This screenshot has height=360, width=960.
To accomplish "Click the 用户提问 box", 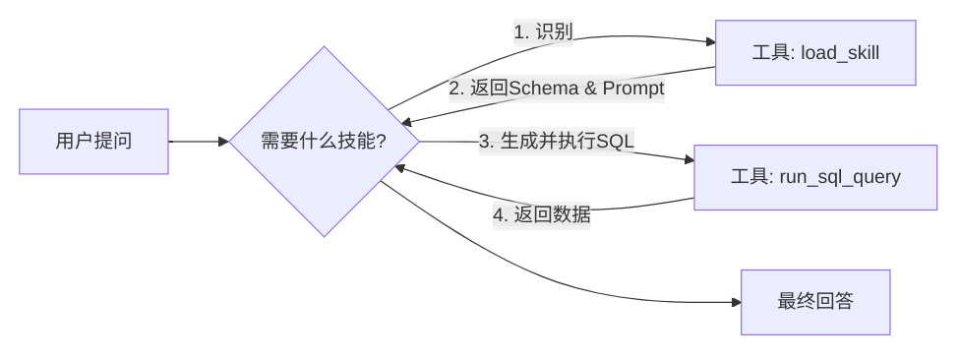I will point(93,142).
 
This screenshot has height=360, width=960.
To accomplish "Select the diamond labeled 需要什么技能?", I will point(325,142).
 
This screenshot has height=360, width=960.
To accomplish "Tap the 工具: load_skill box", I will point(815,52).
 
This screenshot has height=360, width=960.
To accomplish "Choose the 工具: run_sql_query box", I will point(815,177).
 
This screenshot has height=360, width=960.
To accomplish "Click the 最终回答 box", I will point(815,302).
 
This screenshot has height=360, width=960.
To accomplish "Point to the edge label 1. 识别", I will point(543,31).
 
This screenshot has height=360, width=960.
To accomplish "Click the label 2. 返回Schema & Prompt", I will point(557,89).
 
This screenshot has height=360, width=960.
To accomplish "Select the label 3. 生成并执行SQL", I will point(557,141).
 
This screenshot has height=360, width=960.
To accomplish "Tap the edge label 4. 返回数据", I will point(541,214).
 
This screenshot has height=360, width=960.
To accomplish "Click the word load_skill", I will point(840,53).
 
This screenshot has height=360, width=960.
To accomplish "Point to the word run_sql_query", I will point(840,178).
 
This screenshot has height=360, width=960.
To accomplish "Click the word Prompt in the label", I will point(633,89).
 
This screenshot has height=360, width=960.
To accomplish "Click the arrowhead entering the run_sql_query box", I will point(688,158).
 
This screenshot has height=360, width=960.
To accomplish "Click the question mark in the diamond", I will point(381,142).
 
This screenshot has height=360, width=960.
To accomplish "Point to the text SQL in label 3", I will point(616,141).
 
